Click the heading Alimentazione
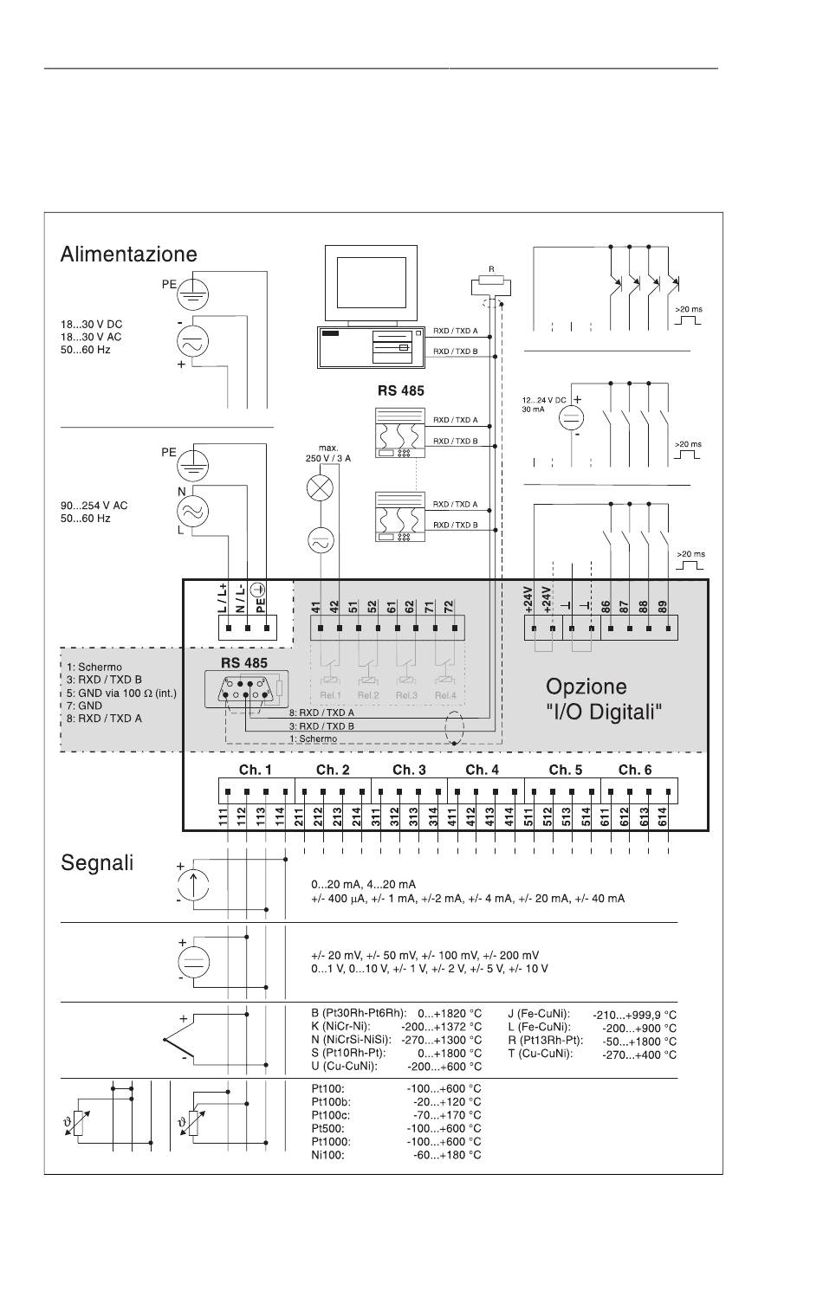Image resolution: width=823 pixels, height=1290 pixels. [128, 255]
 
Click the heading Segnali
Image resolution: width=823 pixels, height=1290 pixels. [97, 863]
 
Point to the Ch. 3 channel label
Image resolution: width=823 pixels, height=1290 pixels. [409, 770]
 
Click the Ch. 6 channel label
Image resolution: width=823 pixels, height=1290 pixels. [635, 770]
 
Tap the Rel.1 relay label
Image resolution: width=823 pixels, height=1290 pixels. [330, 695]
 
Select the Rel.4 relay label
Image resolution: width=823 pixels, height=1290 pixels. [445, 695]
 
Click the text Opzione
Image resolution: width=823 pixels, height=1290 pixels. [586, 687]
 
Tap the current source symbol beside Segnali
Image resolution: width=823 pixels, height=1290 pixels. [193, 884]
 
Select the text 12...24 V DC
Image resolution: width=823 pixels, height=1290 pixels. [543, 400]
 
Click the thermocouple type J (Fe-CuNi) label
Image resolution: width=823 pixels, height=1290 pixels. [539, 1014]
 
